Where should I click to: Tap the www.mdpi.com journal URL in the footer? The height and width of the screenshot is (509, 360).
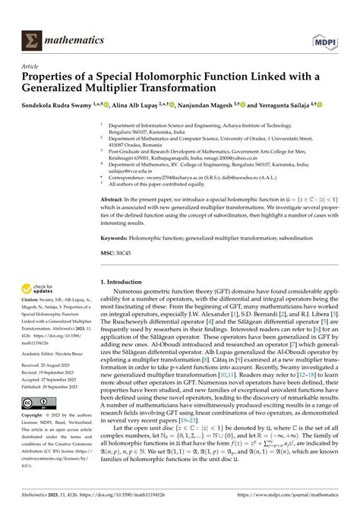[x=289, y=496]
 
